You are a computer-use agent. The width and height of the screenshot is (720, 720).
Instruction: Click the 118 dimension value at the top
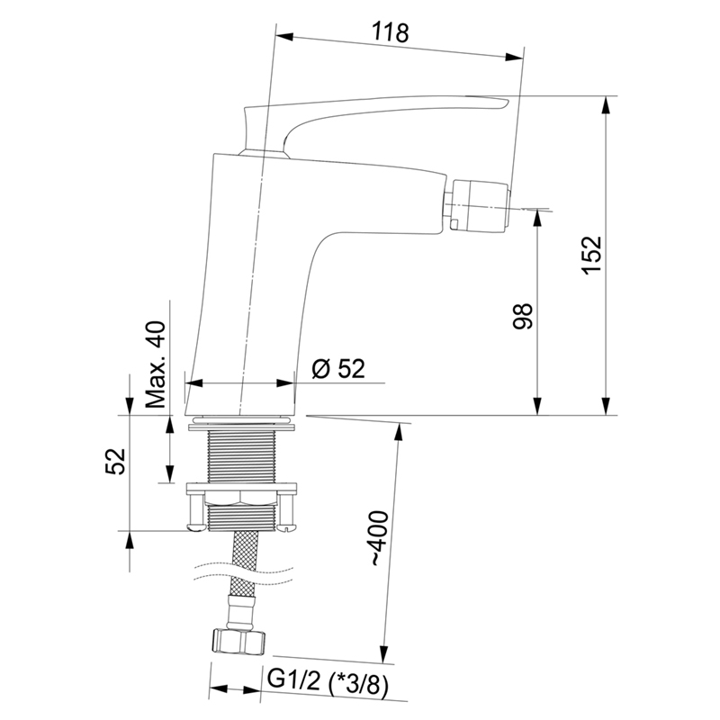click(x=391, y=33)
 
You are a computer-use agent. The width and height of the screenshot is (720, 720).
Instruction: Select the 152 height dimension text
click(x=589, y=256)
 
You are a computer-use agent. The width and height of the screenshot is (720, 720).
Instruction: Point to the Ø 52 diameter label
click(x=337, y=368)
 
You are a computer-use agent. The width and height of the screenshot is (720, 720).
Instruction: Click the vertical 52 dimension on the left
click(x=115, y=461)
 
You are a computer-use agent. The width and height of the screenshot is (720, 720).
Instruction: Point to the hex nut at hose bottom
click(x=240, y=640)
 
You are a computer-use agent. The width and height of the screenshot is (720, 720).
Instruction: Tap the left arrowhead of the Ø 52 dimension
click(x=190, y=382)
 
